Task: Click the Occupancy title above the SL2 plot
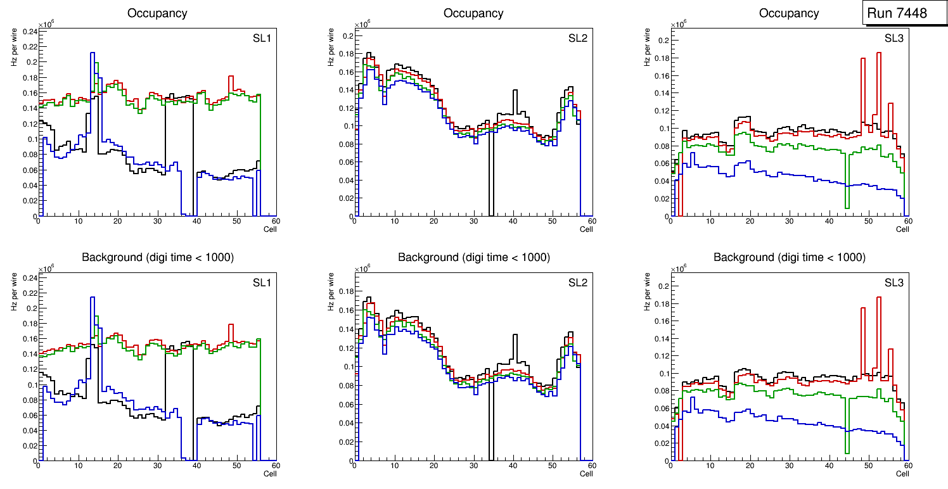point(473,13)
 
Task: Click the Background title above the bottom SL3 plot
point(790,257)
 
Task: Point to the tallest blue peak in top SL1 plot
point(93,54)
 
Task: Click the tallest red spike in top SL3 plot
point(879,54)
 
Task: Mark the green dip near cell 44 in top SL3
point(847,206)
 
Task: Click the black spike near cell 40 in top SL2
point(516,91)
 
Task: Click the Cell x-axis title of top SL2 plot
point(586,229)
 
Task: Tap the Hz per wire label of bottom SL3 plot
point(648,293)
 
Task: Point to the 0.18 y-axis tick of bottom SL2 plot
point(345,291)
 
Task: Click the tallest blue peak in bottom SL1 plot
point(93,298)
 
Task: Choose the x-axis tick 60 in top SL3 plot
point(907,221)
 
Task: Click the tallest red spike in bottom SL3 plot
point(879,298)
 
